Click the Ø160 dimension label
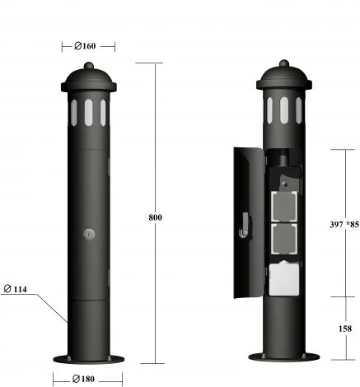click(88, 46)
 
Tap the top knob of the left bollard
click(88, 63)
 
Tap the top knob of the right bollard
click(284, 63)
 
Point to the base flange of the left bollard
click(88, 358)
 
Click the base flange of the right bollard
click(284, 358)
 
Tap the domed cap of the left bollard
click(88, 79)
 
